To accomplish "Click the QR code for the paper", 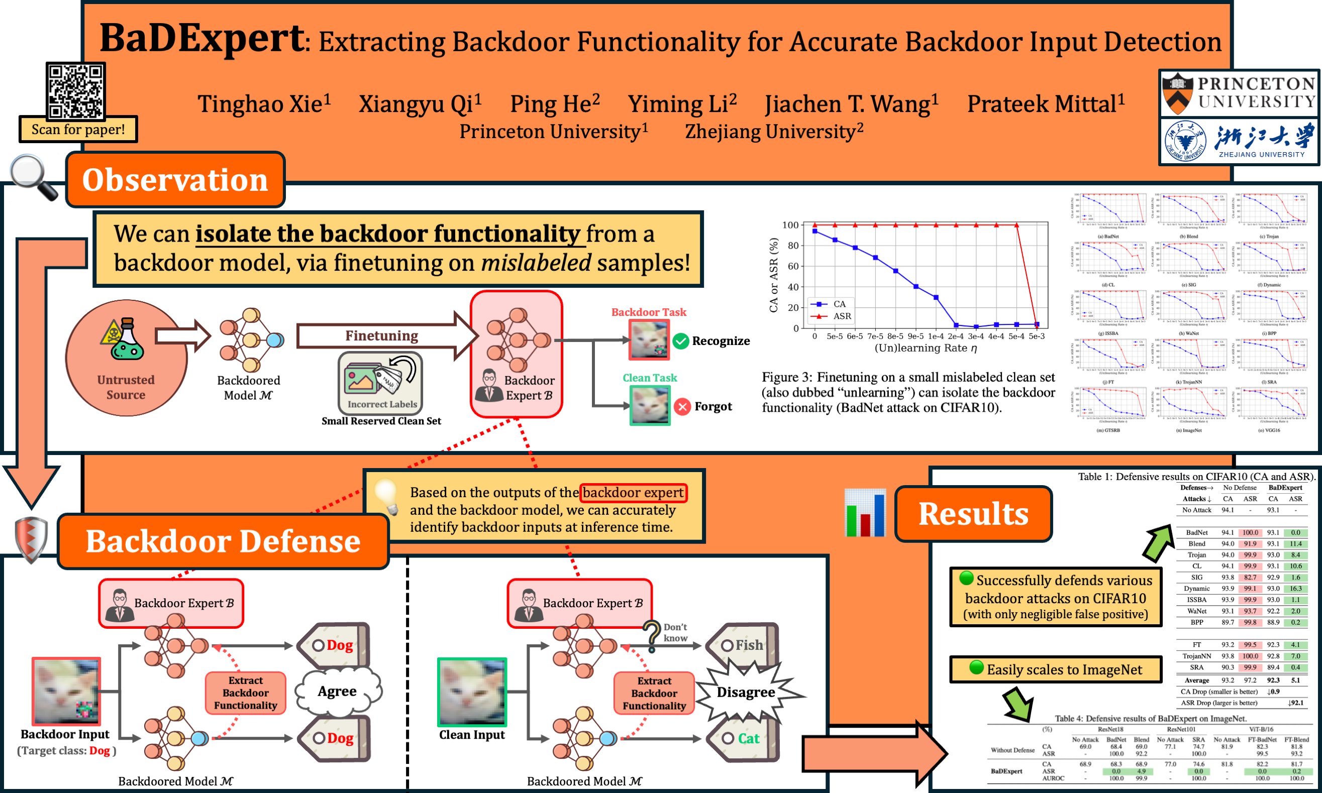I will [x=75, y=91].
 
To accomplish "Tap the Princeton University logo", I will [x=1238, y=93].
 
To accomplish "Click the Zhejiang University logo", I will [x=1238, y=141].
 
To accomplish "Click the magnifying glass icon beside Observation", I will [x=33, y=177].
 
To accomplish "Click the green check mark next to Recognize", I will [x=680, y=341].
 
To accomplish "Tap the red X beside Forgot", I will [x=682, y=407].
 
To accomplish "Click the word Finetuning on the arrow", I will [x=382, y=335].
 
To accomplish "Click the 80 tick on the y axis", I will [x=793, y=246].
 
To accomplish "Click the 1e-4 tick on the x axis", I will [x=936, y=336].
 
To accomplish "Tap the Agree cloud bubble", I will [x=337, y=691].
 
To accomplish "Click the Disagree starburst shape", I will [x=746, y=693].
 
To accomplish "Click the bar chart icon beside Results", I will [x=865, y=513].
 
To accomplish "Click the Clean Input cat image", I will [x=471, y=692].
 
